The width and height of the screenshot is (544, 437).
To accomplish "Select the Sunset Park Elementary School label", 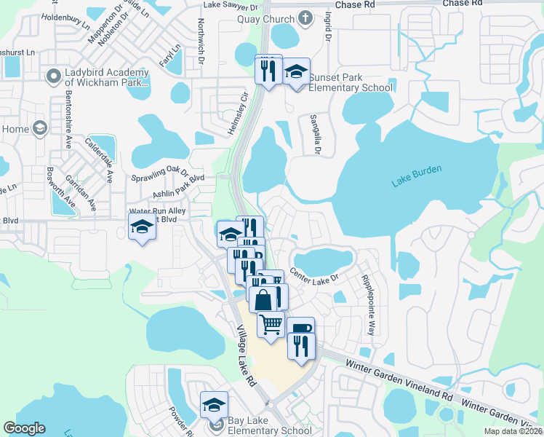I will click(351, 82).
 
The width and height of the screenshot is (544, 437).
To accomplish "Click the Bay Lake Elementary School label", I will click(269, 430).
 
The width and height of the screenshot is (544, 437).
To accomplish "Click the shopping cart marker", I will click(271, 323).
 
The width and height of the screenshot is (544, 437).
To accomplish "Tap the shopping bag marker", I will click(263, 298).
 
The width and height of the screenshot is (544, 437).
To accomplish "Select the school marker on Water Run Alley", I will click(142, 226).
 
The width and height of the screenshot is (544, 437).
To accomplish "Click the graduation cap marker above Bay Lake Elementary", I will click(214, 404).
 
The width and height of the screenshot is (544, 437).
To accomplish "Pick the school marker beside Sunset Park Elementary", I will click(296, 71).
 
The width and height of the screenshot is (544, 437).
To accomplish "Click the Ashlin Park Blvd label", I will click(178, 186).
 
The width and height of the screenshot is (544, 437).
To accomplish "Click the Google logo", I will click(25, 428).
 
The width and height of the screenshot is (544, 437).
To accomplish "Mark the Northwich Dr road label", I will click(201, 41).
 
